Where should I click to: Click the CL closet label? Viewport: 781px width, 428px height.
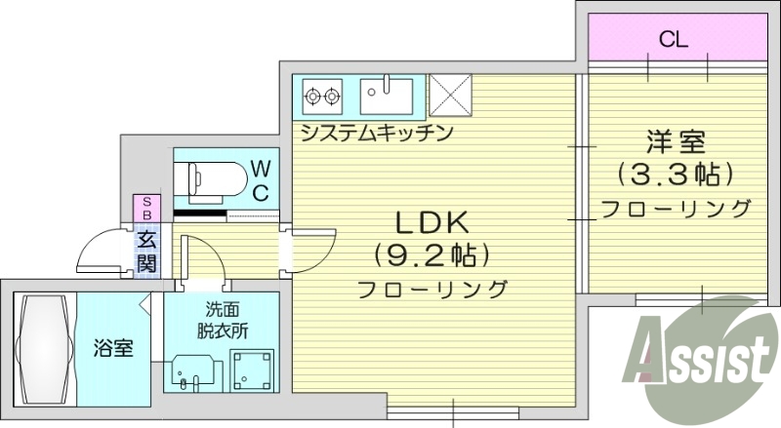coord(674,40)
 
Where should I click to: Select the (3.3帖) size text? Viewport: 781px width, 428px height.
coord(675,175)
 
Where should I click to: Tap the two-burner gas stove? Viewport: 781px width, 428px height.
coord(322,96)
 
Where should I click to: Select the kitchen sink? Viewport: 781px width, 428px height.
coord(387,96)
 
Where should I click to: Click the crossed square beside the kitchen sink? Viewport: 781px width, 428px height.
coord(451,96)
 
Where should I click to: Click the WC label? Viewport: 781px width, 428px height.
coord(261,180)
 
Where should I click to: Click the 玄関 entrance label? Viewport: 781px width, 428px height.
coord(146,250)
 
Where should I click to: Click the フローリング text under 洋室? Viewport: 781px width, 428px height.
coord(676,210)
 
